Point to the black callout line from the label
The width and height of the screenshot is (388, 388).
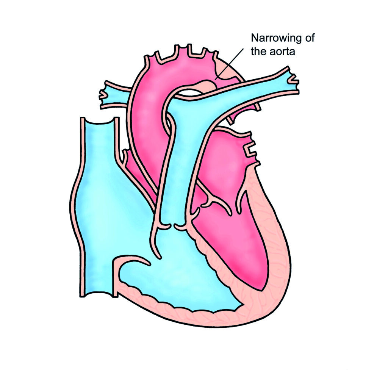[229, 64]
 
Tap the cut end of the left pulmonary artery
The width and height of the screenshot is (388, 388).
[294, 80]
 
